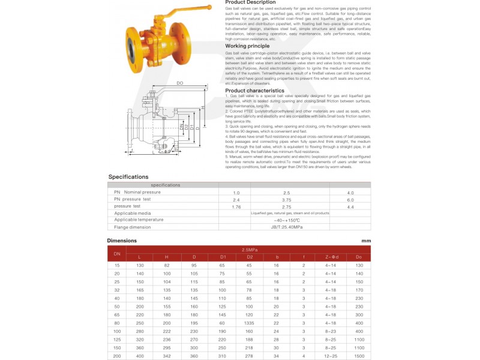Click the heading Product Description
pos(250,2)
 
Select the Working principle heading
pos(248,46)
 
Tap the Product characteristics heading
pos(254,91)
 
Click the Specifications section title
pos(128,177)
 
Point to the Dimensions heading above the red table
pos(122,241)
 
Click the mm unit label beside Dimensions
pos(366,241)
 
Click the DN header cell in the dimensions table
pos(117,253)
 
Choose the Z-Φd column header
pos(332,257)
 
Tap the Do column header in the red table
pos(359,257)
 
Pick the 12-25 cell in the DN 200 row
pos(331,356)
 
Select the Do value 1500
pos(359,356)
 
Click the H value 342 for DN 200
pos(167,356)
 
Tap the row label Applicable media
pos(133,213)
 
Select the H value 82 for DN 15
pos(167,265)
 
